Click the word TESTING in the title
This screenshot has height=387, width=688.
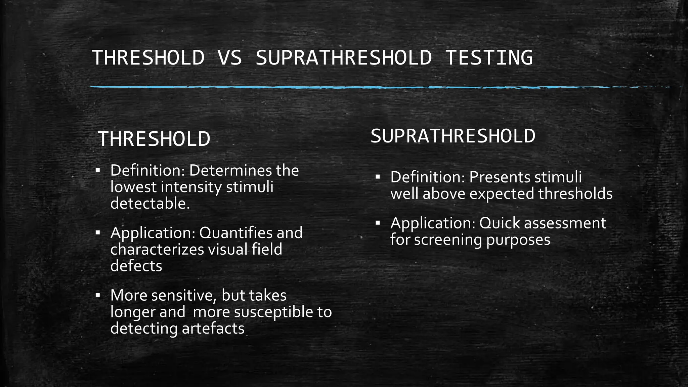point(489,57)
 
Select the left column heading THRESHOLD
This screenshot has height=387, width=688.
point(154,139)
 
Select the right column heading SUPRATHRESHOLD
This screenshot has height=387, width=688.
point(453,136)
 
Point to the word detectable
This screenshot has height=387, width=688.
point(150,204)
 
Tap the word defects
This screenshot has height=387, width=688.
point(136,266)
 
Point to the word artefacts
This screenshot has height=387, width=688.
point(213,329)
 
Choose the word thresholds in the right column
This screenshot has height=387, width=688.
point(575,194)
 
